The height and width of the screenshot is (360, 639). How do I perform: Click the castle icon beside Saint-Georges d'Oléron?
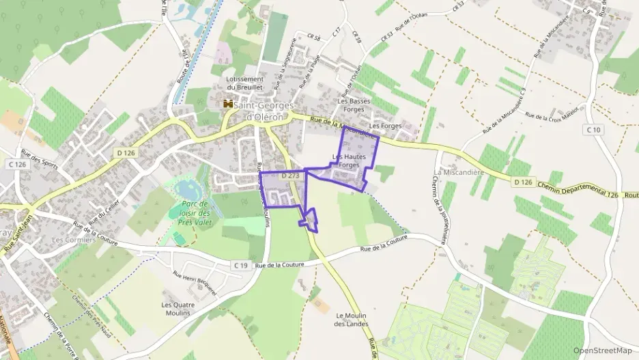pos(227,105)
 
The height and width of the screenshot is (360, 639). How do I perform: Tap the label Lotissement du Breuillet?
pos(244,83)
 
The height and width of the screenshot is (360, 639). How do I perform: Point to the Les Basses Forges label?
pos(354,105)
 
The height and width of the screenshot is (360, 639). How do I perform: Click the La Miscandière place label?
pos(459,172)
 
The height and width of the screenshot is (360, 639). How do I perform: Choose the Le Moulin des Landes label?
pos(352,320)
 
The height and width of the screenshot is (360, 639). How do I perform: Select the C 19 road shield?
pos(240,265)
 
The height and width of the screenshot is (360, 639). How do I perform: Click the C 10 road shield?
pos(593,130)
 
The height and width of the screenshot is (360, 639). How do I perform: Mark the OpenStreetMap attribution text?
pos(602,351)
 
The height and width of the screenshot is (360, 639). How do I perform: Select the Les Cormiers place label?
pos(68,240)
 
